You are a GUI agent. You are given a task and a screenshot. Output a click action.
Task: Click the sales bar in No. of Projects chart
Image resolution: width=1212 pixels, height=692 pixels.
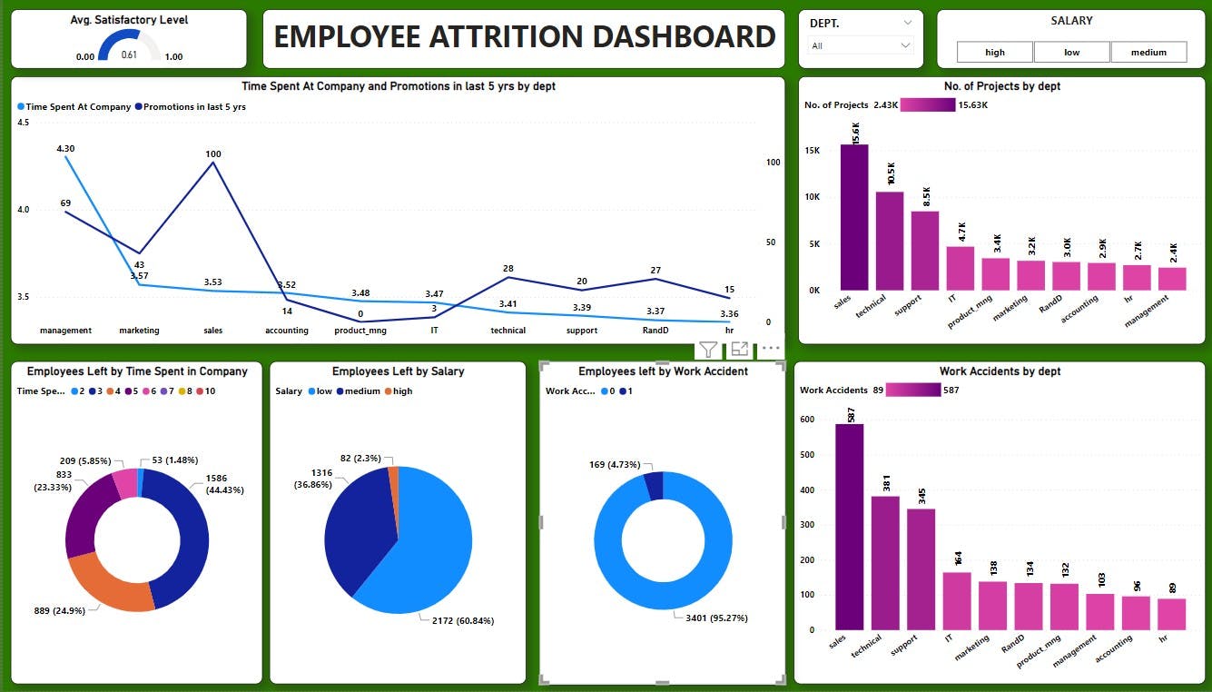click(853, 218)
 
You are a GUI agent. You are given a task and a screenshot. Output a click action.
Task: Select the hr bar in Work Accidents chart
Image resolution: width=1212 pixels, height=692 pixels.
click(1171, 614)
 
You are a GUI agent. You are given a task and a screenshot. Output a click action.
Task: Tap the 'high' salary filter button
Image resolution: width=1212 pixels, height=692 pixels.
click(995, 53)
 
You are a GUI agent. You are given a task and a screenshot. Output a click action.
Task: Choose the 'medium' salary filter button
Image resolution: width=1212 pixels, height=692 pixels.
click(1148, 53)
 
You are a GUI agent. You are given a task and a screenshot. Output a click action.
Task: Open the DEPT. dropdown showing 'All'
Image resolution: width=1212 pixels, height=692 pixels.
click(860, 45)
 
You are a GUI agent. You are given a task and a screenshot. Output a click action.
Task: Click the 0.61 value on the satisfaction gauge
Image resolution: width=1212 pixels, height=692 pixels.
click(129, 55)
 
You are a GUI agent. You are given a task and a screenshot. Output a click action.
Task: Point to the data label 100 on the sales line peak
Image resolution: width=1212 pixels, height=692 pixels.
click(212, 154)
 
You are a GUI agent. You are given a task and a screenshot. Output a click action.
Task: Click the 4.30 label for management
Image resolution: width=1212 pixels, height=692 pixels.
click(65, 148)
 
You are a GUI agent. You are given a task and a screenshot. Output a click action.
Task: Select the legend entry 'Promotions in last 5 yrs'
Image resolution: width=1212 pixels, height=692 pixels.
click(191, 107)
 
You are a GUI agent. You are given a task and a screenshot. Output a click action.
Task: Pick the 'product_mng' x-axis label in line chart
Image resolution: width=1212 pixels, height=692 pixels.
click(360, 331)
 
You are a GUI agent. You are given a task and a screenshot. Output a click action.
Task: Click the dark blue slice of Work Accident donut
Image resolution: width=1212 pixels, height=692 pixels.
click(654, 486)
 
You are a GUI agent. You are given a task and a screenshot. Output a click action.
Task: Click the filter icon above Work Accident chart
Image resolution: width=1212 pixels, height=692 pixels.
click(708, 349)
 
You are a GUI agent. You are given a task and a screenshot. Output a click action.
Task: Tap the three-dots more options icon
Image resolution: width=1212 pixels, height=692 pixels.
click(771, 348)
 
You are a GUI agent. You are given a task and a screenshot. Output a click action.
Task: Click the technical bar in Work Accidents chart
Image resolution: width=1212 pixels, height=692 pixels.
click(885, 563)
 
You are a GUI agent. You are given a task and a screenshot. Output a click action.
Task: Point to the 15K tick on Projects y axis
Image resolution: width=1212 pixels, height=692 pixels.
click(813, 151)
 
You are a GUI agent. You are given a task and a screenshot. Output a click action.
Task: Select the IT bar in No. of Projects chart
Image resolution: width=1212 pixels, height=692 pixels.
click(960, 269)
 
